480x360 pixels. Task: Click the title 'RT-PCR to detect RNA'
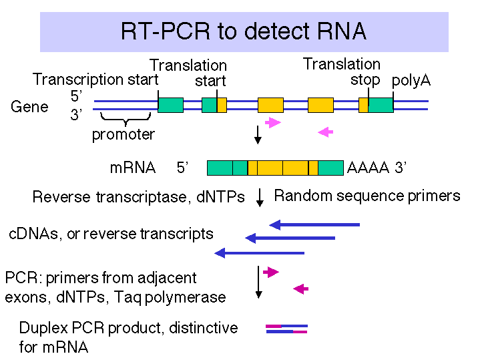click(x=244, y=31)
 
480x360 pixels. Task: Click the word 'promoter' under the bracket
click(x=124, y=134)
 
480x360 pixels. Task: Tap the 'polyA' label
click(x=411, y=81)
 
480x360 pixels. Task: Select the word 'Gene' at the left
click(x=29, y=107)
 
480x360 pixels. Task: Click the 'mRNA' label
click(x=133, y=168)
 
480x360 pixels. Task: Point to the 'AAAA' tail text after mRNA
click(x=368, y=168)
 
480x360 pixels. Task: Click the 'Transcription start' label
click(x=95, y=79)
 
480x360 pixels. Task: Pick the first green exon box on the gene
click(x=170, y=105)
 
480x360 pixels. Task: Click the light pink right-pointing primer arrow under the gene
click(x=273, y=122)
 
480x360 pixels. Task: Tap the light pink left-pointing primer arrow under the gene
click(x=325, y=132)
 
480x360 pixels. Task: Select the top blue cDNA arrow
click(x=314, y=225)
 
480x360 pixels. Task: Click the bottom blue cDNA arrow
click(x=259, y=253)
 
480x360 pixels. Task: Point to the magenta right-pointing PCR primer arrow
click(x=271, y=272)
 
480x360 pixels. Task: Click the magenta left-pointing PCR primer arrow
click(x=300, y=289)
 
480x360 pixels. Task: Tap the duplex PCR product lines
click(x=286, y=329)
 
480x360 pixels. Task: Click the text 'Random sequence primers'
click(x=367, y=196)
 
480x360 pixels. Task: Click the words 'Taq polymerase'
click(x=170, y=297)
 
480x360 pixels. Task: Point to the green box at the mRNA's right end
click(x=330, y=168)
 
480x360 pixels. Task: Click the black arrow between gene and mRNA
click(x=258, y=135)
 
